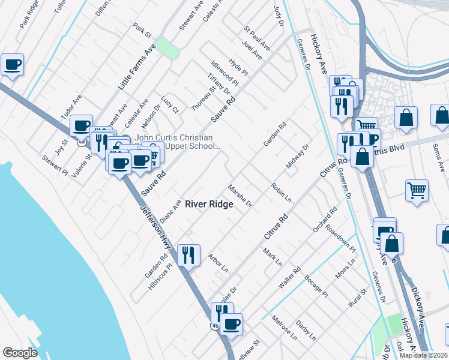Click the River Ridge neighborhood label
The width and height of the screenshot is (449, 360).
pyautogui.click(x=209, y=204)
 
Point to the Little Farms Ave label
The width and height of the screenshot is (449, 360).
pyautogui.click(x=136, y=67)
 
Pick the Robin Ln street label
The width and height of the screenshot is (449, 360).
pyautogui.click(x=281, y=193)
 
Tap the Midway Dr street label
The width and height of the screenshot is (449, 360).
pyautogui.click(x=297, y=156)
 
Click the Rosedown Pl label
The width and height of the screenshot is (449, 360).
pyautogui.click(x=340, y=240)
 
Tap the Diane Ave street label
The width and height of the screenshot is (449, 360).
pyautogui.click(x=170, y=211)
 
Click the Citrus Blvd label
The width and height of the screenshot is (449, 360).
pyautogui.click(x=387, y=148)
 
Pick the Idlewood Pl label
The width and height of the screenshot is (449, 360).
pyautogui.click(x=225, y=71)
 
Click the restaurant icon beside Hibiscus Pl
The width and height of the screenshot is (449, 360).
pyautogui.click(x=188, y=255)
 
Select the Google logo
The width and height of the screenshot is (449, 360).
pyautogui.click(x=20, y=353)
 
